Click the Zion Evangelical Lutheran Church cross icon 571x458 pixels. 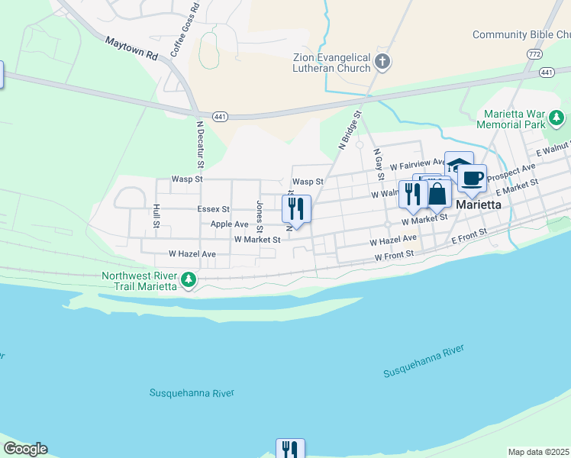(382, 62)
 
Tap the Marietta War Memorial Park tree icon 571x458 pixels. (557, 118)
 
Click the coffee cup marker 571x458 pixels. (473, 178)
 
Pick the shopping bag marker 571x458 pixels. (437, 193)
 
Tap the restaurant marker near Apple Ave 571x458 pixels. (296, 208)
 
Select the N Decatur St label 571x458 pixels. (200, 144)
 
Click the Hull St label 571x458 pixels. (156, 216)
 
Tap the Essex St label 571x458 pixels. (213, 208)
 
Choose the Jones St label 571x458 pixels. (260, 216)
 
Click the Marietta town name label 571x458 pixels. (479, 206)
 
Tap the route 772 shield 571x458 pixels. (534, 54)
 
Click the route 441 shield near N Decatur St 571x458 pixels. (220, 116)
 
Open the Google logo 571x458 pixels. (25, 449)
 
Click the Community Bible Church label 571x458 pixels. (521, 34)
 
